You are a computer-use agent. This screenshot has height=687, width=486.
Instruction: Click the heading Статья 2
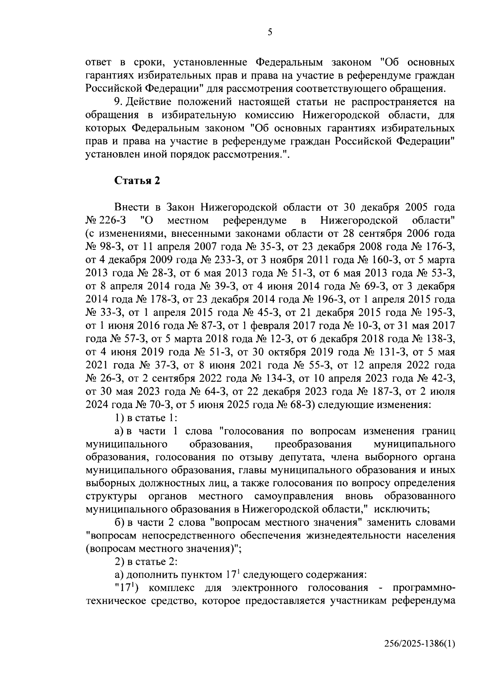[x=137, y=181]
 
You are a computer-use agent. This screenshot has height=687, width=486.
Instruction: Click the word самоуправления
[x=294, y=496]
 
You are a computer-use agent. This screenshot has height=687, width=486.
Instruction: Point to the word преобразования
[x=313, y=444]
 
